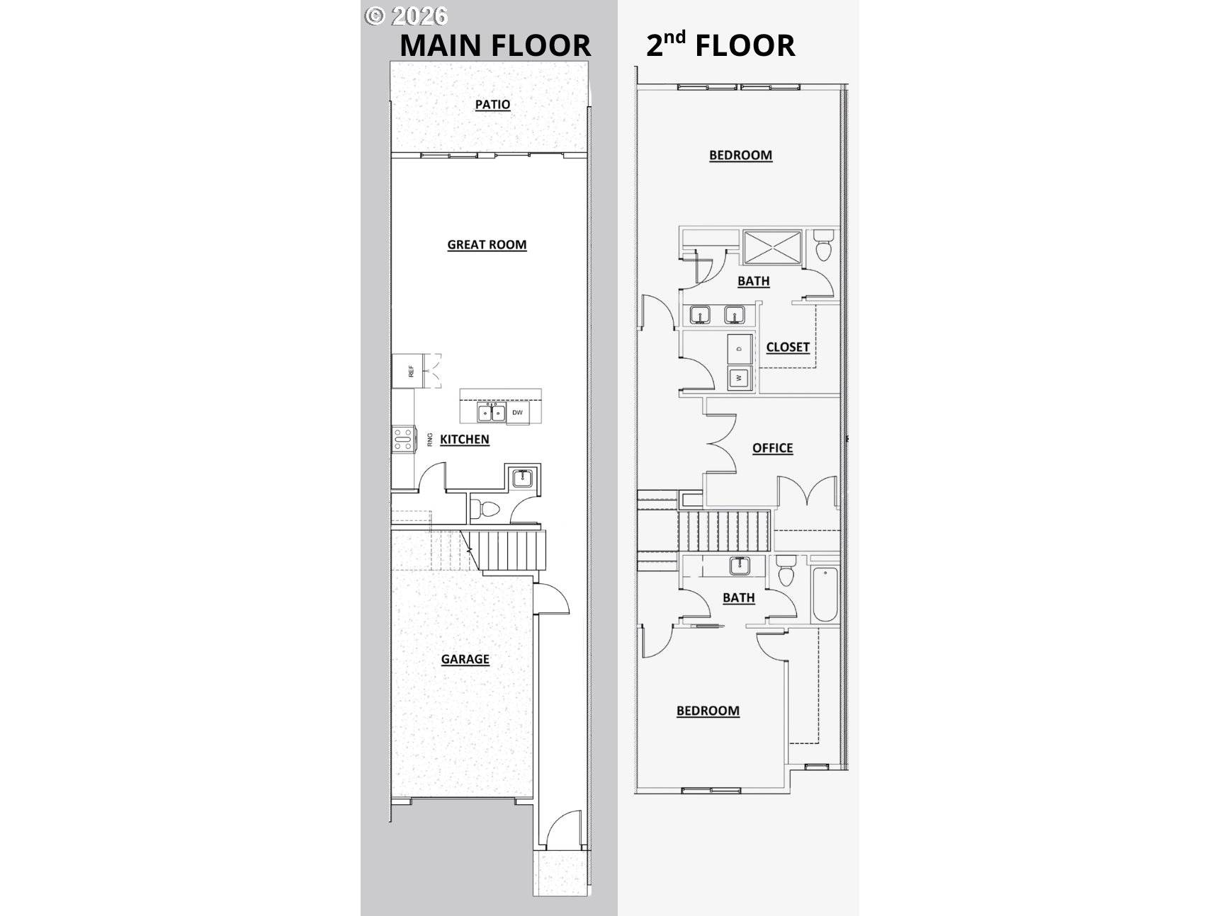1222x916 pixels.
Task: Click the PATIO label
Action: (x=492, y=104)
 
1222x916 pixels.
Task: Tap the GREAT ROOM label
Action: (x=487, y=244)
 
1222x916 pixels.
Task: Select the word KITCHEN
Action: (x=464, y=439)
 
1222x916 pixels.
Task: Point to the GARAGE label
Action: (x=465, y=659)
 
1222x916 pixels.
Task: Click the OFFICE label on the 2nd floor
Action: (x=772, y=448)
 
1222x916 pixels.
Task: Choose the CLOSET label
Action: (x=788, y=347)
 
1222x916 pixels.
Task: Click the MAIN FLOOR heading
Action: (x=495, y=45)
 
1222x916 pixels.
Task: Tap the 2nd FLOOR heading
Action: (x=720, y=44)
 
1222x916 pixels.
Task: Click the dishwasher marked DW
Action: (x=517, y=413)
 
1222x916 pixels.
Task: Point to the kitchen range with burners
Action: (x=402, y=440)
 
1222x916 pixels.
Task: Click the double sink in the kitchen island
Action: (x=491, y=412)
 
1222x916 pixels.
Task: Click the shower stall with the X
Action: (x=772, y=246)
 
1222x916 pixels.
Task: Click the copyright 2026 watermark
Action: (x=406, y=16)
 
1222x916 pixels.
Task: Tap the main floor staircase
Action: (x=506, y=550)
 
